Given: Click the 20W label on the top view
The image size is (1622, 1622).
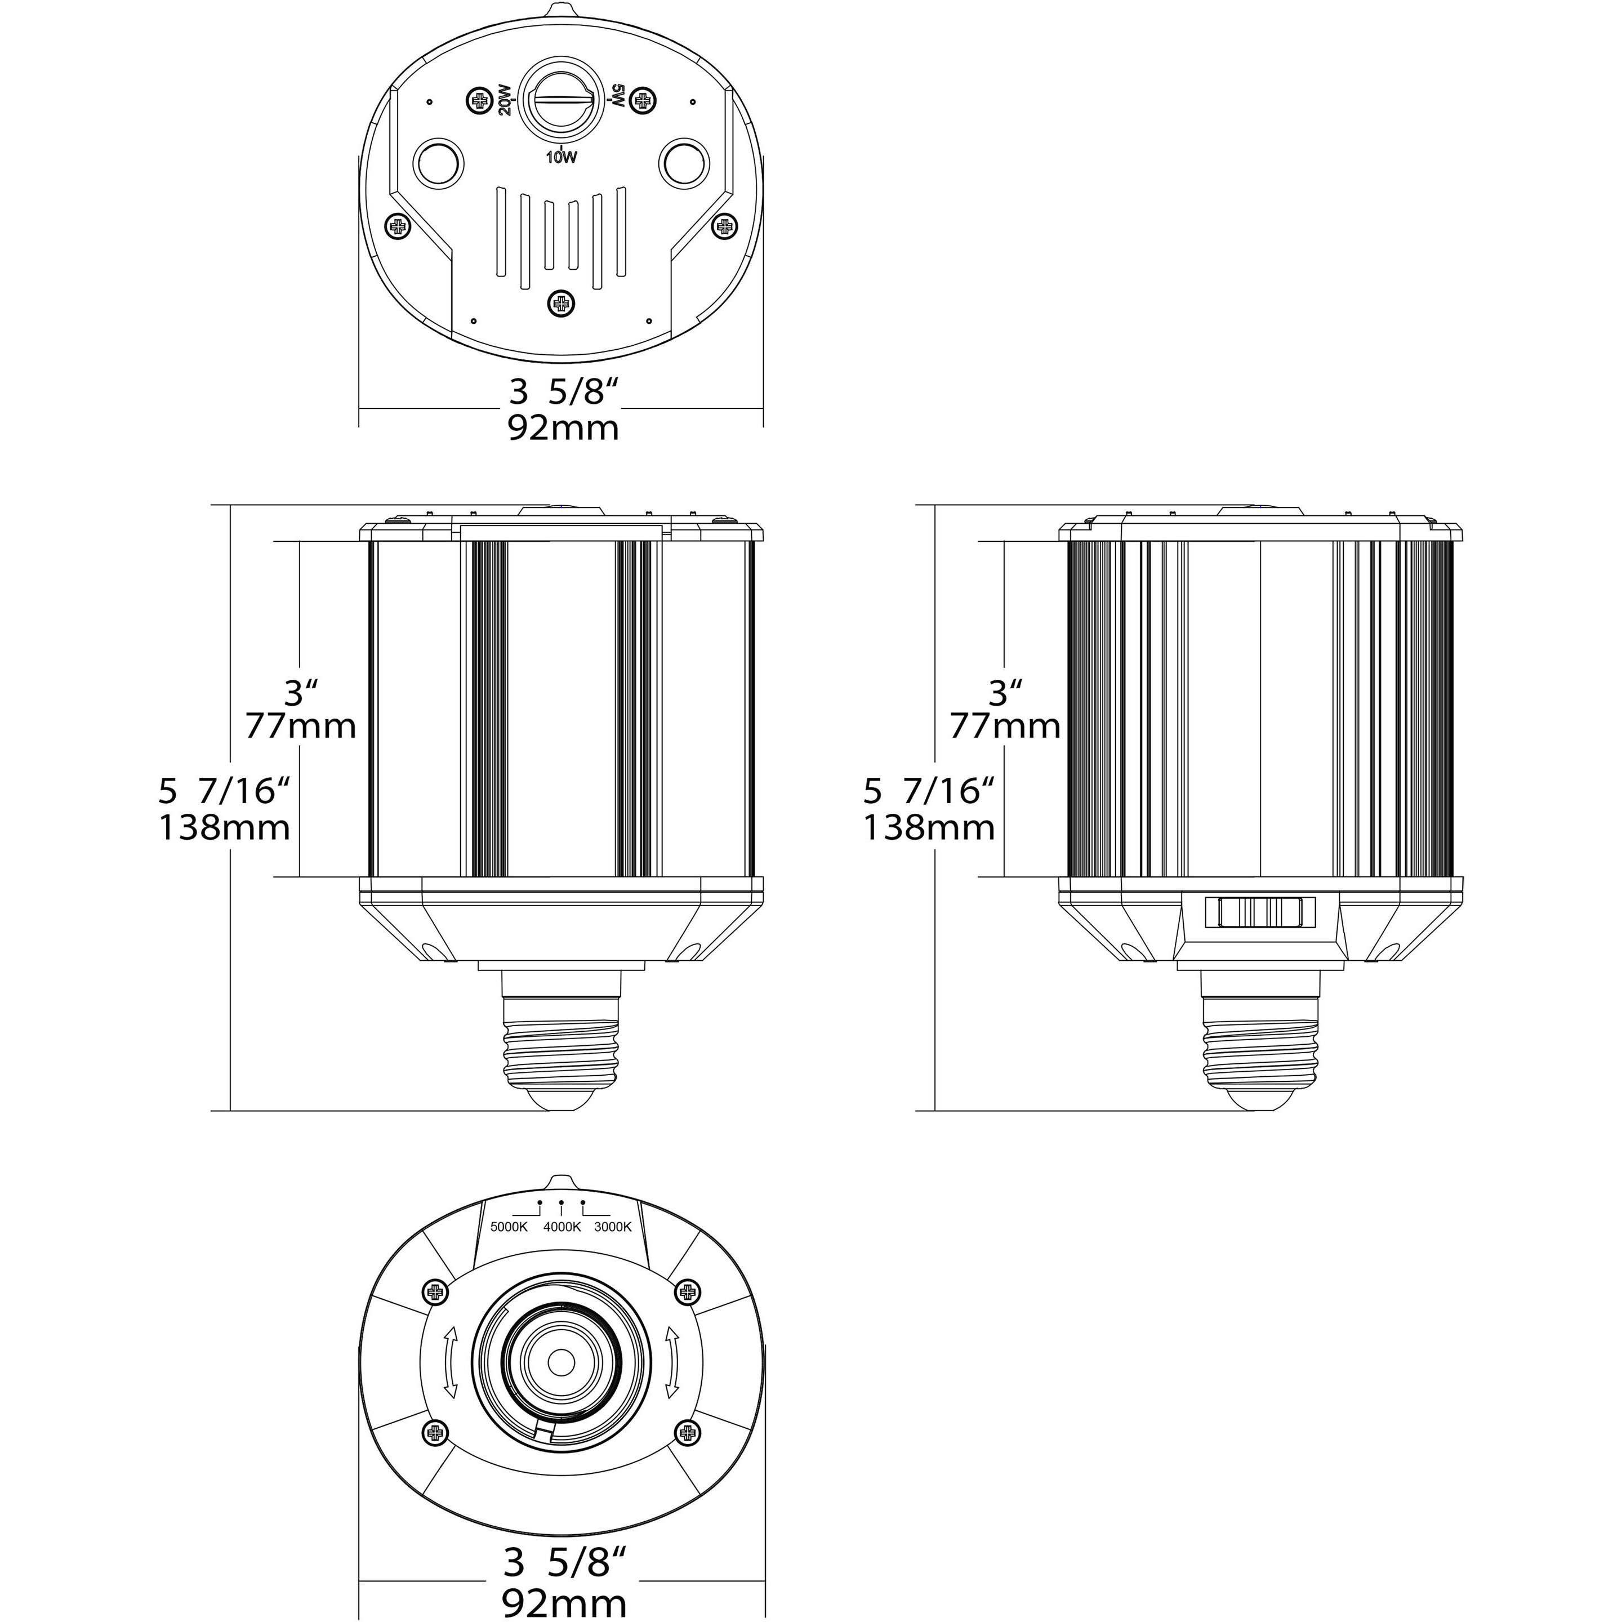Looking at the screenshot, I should (503, 100).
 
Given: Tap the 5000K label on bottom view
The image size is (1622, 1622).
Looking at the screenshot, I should (509, 1227).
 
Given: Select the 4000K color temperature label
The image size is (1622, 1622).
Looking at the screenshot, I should (562, 1227).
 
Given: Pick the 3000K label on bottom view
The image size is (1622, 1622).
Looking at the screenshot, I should (613, 1227).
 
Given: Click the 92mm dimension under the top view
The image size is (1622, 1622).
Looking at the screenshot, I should (563, 428).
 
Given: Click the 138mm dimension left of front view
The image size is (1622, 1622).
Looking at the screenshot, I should (224, 828).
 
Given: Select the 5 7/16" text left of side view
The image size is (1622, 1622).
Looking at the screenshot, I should (929, 791).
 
